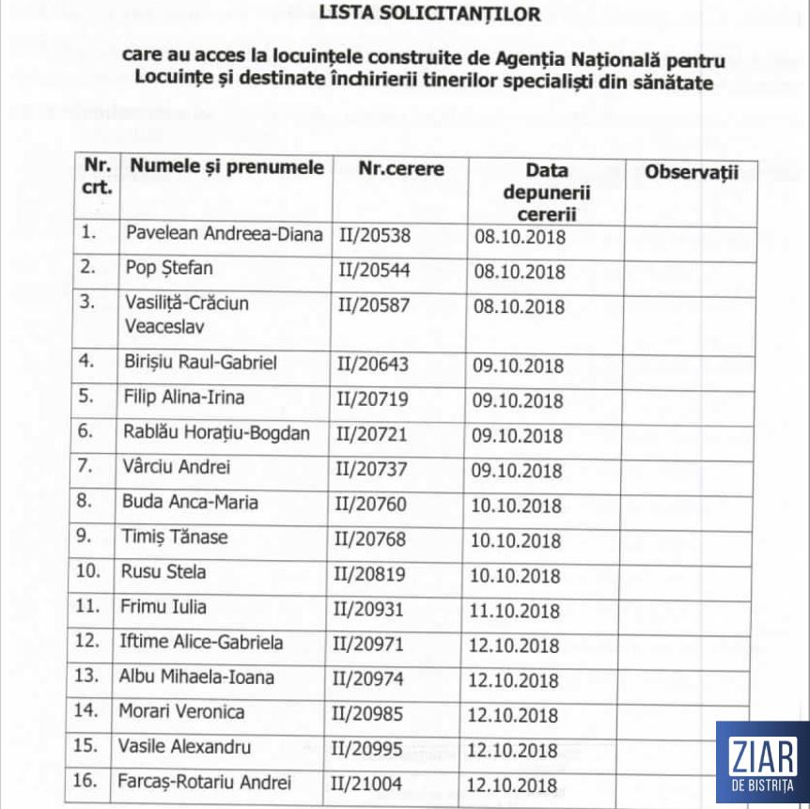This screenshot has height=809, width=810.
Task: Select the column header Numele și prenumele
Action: (226, 168)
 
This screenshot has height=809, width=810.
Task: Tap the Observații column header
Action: (692, 172)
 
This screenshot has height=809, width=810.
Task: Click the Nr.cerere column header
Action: (401, 169)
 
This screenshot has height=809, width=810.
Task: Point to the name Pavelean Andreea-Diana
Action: (224, 234)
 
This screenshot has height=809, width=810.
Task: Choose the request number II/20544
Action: (374, 271)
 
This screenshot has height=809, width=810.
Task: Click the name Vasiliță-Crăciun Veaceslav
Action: (187, 315)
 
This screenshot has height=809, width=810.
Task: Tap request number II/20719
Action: (373, 399)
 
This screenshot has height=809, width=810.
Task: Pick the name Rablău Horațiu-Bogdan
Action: (216, 432)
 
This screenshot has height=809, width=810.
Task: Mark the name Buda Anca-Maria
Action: (190, 503)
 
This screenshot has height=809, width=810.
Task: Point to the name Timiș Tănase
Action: (175, 537)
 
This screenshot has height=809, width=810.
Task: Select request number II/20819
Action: (372, 574)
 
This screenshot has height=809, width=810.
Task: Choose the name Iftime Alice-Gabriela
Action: (202, 643)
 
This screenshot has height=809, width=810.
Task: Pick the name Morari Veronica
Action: (181, 711)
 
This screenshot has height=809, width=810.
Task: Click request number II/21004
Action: (369, 783)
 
